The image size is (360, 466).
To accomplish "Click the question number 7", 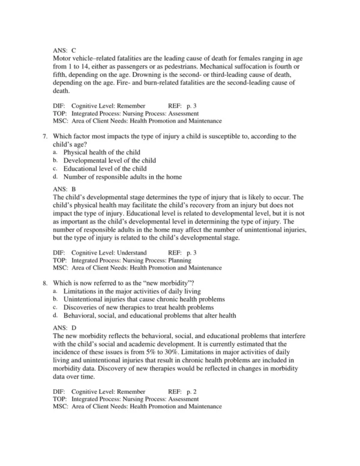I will click(x=45, y=136).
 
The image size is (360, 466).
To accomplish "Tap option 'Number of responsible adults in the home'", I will click(x=122, y=177).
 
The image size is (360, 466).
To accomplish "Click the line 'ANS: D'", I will click(x=64, y=327).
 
